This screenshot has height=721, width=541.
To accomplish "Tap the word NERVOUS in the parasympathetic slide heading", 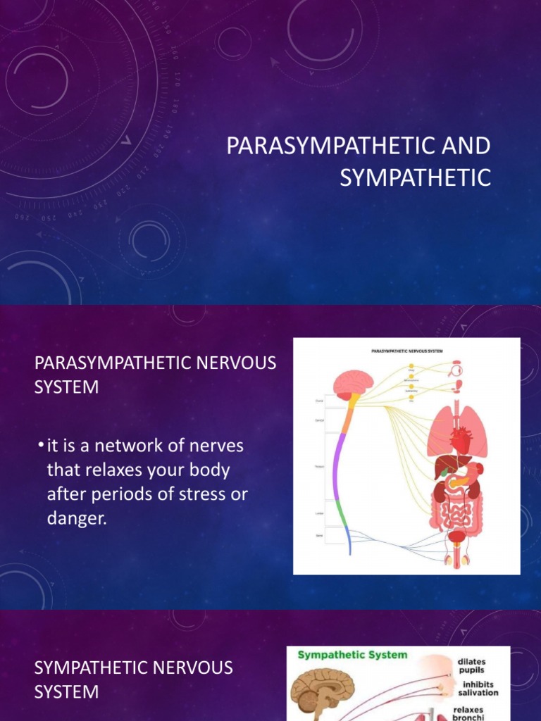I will click(230, 363).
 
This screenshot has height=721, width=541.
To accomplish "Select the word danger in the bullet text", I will click(79, 518).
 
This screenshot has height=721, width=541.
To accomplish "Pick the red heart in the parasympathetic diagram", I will click(459, 440).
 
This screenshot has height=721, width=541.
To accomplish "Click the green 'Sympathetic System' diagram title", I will click(352, 655).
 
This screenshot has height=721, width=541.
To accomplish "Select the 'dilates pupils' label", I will click(471, 666).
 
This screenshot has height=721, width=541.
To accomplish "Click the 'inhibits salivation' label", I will click(477, 689).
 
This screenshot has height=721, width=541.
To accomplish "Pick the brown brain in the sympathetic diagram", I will click(315, 686).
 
